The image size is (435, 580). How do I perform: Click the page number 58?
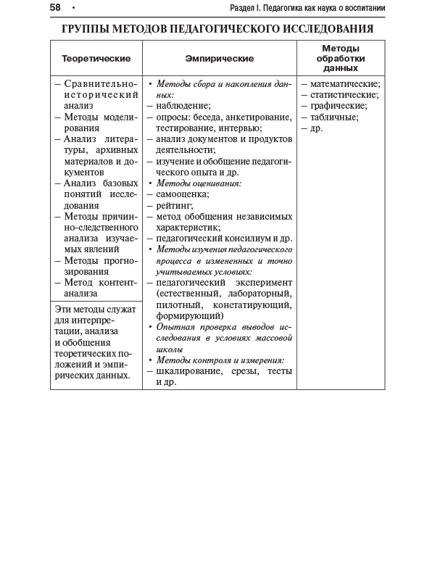point(55,8)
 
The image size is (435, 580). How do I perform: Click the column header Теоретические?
point(96,58)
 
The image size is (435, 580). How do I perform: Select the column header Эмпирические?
point(219,58)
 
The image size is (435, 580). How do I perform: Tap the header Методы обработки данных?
point(340,58)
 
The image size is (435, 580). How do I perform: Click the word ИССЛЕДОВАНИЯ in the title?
point(328,30)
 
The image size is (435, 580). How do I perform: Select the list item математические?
point(344,83)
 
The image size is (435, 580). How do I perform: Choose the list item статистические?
point(344,95)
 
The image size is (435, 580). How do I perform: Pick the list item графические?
point(339,106)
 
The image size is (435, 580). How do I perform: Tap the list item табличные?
point(334,117)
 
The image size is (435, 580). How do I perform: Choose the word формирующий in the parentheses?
point(189,315)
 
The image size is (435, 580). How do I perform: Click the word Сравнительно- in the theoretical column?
point(100,84)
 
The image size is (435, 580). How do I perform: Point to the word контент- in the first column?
point(117,283)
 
